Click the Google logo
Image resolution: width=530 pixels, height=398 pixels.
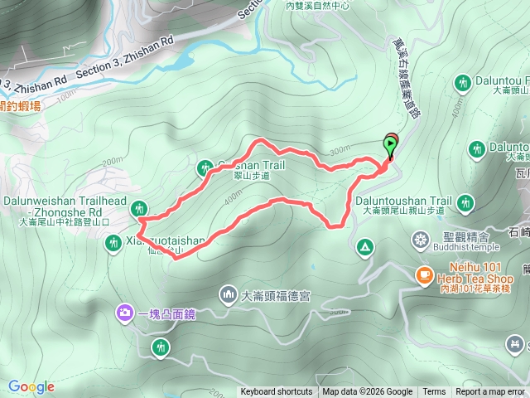[31, 386]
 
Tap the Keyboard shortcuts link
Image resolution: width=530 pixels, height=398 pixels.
[277, 392]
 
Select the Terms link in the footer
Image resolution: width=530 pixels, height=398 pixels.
[434, 392]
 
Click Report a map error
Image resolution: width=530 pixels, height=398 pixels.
[490, 392]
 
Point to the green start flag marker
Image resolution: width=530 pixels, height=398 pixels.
[390, 145]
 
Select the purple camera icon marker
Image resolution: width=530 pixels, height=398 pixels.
[124, 313]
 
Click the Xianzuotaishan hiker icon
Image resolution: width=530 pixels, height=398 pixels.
[113, 243]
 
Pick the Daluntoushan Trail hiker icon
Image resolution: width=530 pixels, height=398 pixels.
[465, 201]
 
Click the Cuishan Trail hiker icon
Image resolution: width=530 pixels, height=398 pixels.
[205, 168]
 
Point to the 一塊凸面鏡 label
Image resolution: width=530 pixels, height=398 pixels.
[166, 313]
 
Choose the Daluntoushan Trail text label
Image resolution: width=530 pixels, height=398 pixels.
[404, 201]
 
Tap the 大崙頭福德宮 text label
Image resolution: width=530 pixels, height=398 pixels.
[276, 295]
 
